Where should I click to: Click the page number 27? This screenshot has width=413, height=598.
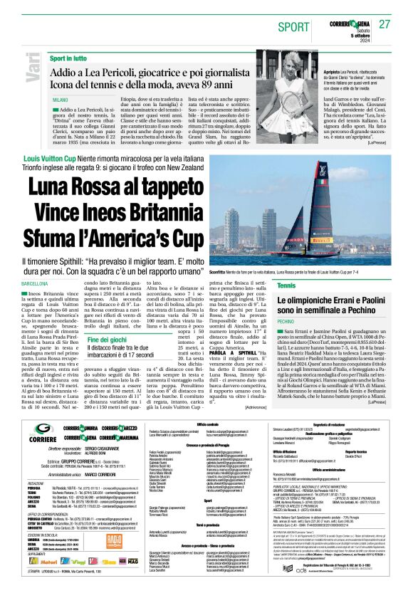pyautogui.click(x=384, y=24)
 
